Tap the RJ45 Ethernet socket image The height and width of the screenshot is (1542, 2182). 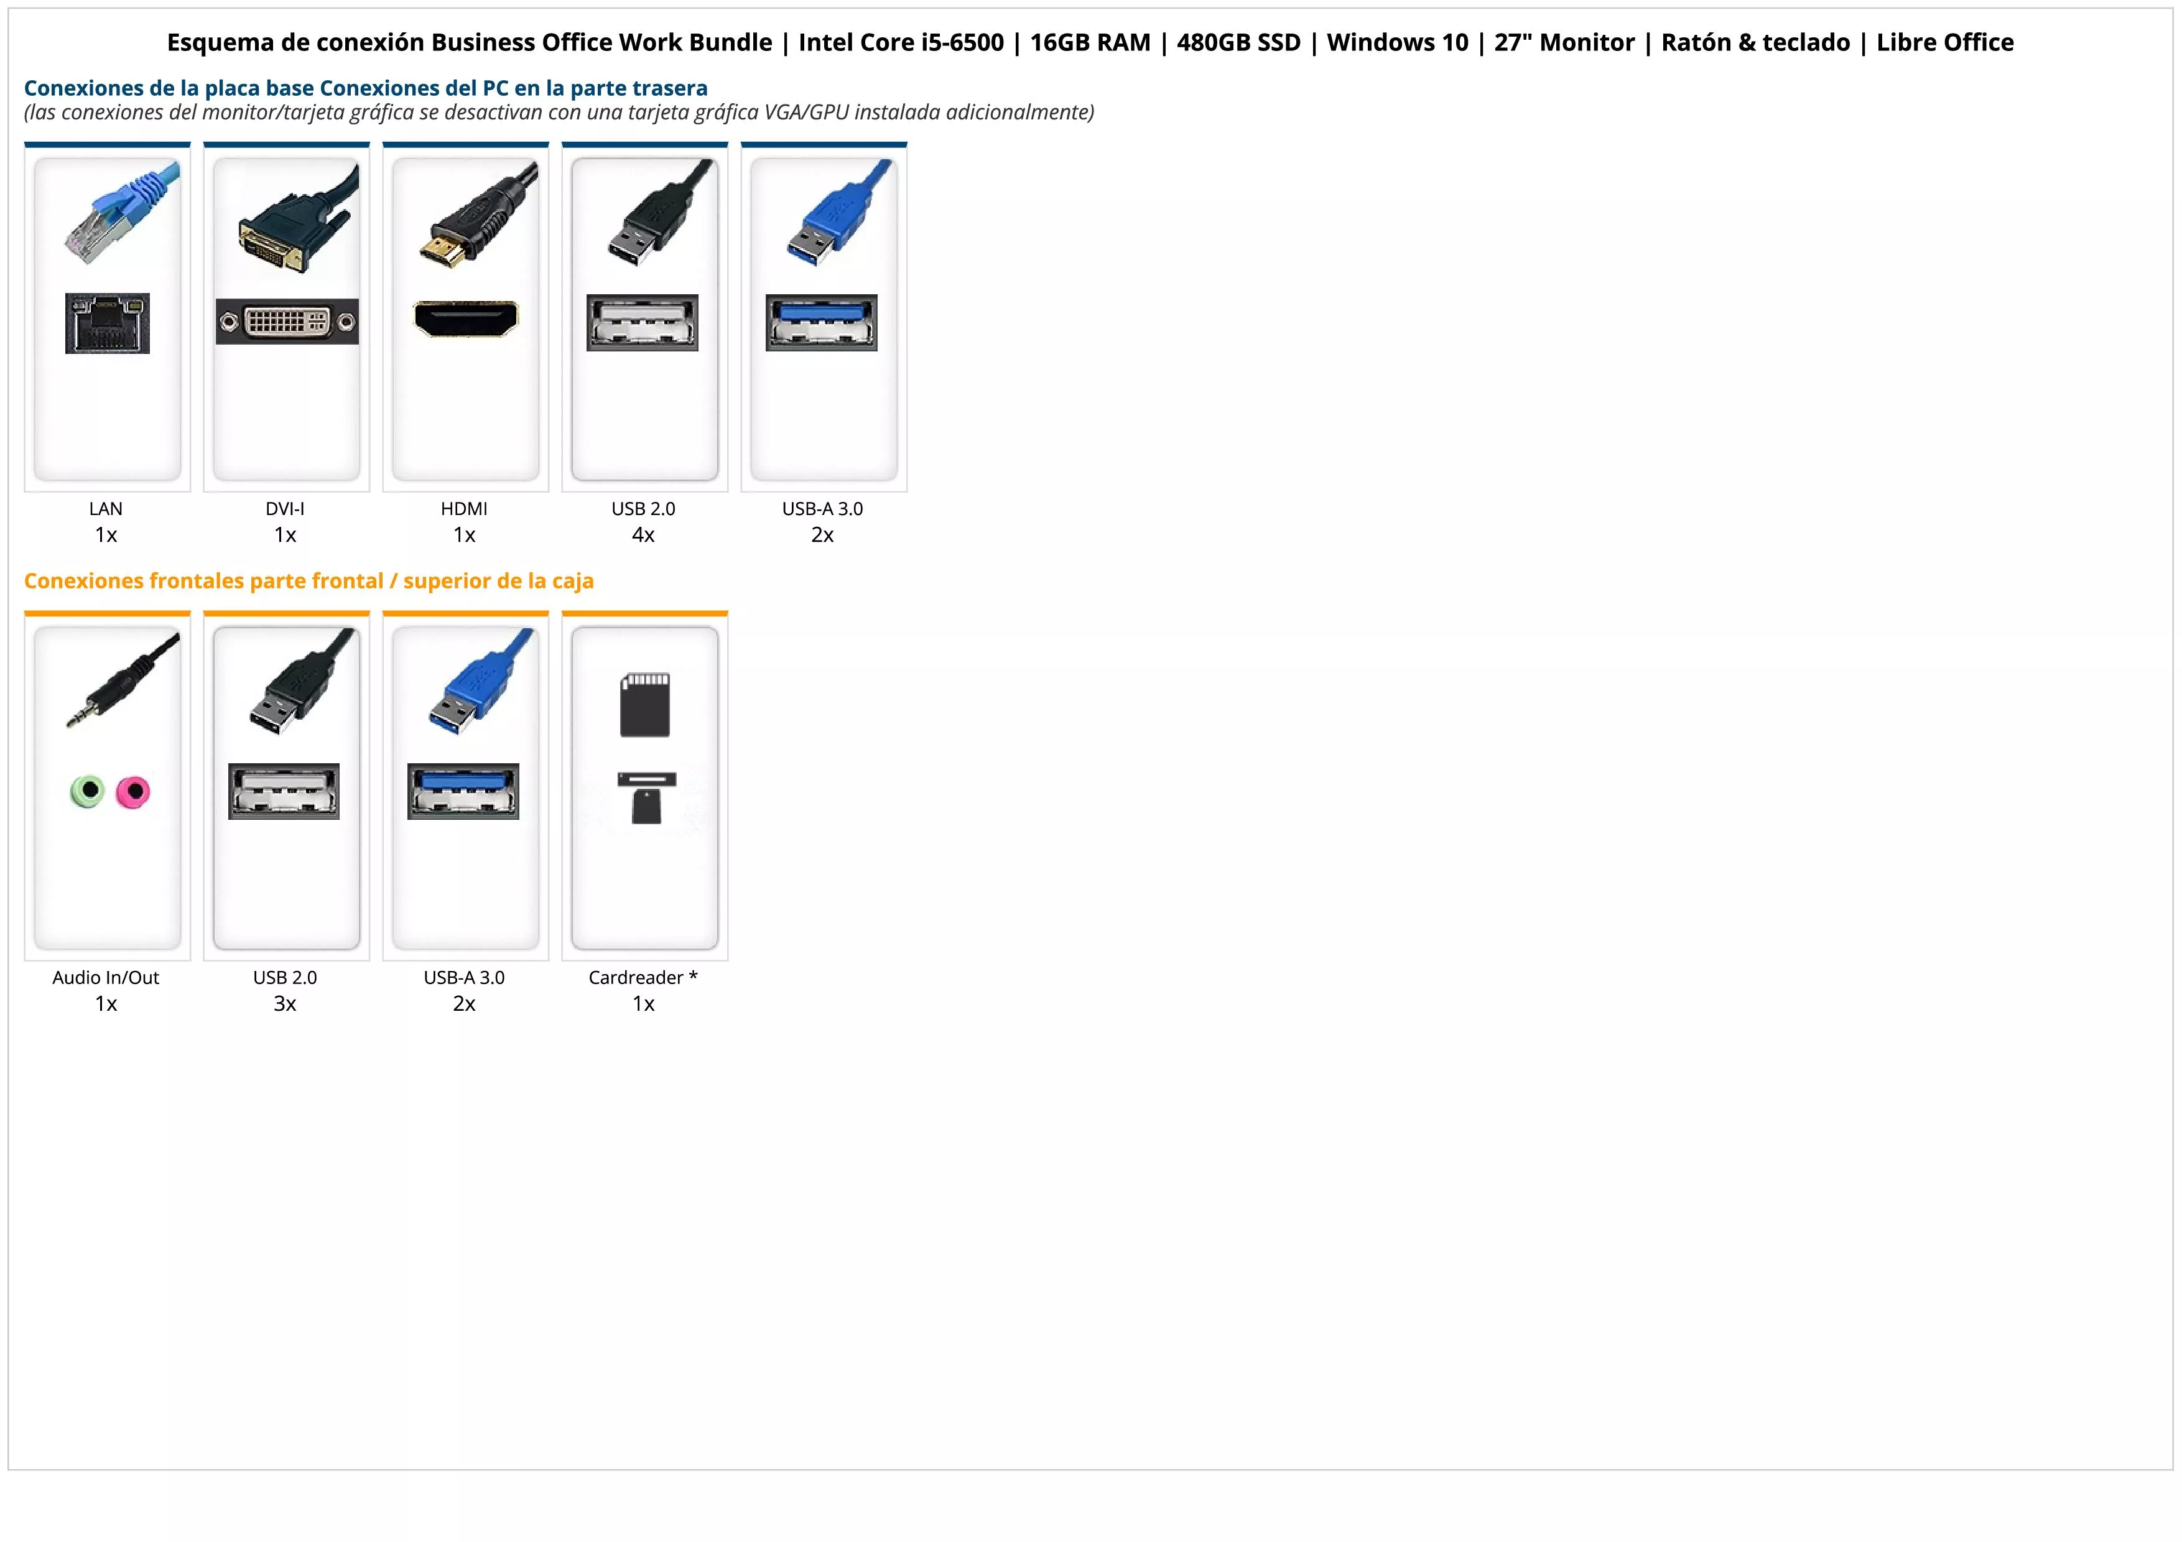108,324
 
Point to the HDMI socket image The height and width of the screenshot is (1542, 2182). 466,319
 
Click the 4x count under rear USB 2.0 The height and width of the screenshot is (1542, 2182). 643,536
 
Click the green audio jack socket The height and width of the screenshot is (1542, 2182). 88,791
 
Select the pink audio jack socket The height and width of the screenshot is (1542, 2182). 133,791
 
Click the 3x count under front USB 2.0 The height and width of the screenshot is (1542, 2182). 285,1004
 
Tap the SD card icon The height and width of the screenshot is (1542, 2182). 645,705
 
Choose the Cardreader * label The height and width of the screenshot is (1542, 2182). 643,978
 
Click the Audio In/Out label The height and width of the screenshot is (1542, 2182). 106,978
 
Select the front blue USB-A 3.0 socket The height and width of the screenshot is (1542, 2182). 464,791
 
